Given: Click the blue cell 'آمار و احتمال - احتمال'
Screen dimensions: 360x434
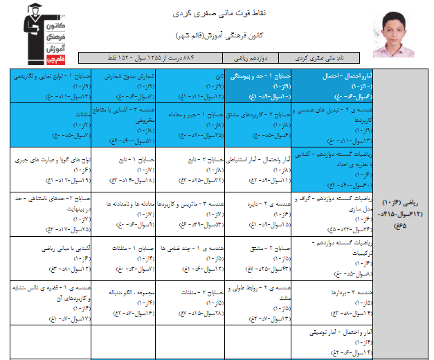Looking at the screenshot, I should (x=326, y=84).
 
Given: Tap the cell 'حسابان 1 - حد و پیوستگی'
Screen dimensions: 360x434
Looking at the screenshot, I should (x=256, y=84).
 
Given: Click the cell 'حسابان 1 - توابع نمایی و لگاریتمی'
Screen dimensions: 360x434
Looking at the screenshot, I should (x=48, y=84).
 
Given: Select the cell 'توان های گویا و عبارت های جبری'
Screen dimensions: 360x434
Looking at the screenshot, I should (x=48, y=168).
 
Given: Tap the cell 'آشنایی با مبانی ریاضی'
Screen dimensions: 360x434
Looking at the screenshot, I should (x=48, y=257).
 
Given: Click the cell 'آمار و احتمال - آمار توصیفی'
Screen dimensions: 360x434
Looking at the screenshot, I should (x=326, y=343).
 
